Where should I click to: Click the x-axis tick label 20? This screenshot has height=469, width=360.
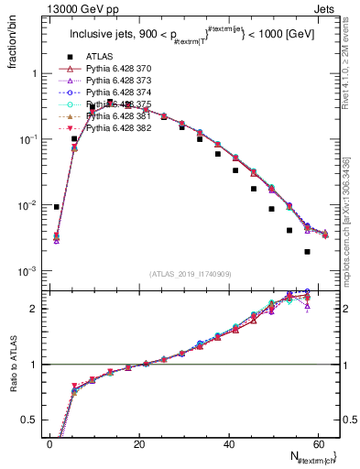[138, 444]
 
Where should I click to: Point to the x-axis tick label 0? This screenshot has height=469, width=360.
[49, 444]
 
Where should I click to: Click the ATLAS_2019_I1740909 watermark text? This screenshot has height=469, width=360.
[190, 273]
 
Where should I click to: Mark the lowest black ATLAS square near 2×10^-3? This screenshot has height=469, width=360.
[307, 251]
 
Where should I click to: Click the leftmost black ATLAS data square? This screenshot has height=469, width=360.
[57, 207]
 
